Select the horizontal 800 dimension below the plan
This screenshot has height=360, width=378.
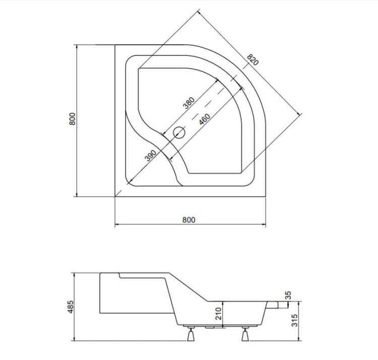coord(188,220)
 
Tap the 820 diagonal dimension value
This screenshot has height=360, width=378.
coord(253,60)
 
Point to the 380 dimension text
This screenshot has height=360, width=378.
coord(188,102)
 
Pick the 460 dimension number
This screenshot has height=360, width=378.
coord(204,119)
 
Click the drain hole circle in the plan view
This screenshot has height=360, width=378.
coord(179,133)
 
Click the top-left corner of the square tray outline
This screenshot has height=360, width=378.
coord(115,45)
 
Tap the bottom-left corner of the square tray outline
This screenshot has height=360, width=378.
coord(115,197)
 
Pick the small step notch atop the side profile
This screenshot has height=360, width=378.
coord(119,275)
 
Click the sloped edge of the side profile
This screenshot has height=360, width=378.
coord(189,287)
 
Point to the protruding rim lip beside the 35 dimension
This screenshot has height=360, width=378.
coord(278,304)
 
